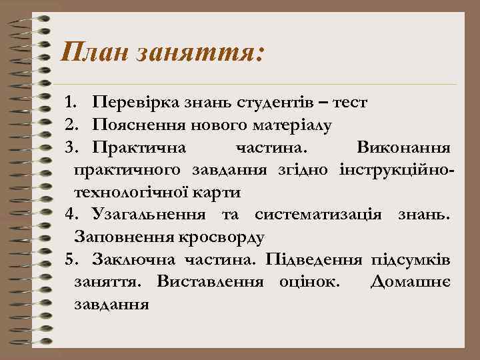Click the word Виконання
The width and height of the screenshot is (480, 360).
(x=405, y=147)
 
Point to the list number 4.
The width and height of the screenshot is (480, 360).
(x=71, y=215)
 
